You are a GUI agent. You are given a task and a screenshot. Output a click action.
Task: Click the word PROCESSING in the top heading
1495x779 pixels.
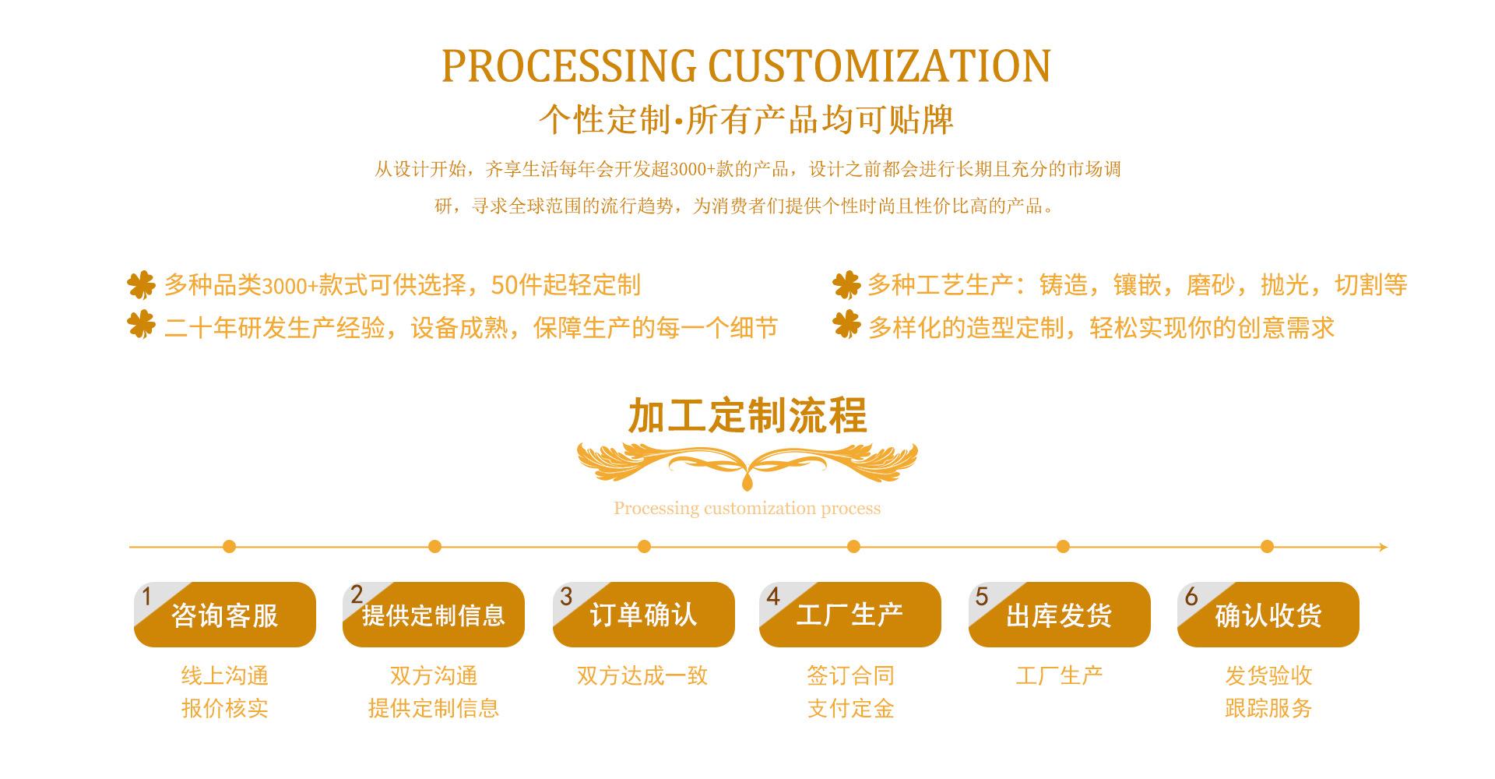tap(568, 66)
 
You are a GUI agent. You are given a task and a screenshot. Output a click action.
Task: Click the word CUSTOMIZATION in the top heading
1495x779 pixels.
tap(880, 66)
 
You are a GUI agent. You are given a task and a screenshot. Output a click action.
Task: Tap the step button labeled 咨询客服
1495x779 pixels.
tap(225, 615)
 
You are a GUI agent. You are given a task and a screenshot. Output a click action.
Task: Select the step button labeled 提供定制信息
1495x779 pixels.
tap(434, 615)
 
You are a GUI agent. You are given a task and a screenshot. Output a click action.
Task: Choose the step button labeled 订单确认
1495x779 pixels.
tap(644, 615)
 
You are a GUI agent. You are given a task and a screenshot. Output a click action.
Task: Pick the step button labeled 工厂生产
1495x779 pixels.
tap(850, 615)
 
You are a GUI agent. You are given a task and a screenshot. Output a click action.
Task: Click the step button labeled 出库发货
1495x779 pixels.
tap(1060, 615)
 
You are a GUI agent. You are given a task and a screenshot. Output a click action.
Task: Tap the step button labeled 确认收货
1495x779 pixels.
tap(1268, 615)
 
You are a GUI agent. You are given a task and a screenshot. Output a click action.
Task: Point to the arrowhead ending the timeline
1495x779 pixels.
tap(1383, 548)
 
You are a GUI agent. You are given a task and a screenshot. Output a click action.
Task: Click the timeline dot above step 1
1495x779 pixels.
tap(229, 547)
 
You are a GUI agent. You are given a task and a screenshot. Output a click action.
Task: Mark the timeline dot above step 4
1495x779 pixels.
tap(853, 547)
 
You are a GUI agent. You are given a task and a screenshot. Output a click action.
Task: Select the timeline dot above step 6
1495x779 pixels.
tap(1267, 547)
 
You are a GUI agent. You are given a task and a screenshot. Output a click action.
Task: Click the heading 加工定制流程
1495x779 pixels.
tap(747, 415)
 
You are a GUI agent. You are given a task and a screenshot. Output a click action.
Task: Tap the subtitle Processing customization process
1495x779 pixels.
tap(747, 509)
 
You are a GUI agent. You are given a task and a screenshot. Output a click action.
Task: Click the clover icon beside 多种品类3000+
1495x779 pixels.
tap(142, 285)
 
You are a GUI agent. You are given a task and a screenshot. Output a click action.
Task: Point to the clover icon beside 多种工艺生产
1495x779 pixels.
tap(846, 285)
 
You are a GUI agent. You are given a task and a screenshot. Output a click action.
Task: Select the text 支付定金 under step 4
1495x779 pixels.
tap(850, 709)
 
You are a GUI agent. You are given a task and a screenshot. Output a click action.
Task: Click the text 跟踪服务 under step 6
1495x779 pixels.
tap(1268, 709)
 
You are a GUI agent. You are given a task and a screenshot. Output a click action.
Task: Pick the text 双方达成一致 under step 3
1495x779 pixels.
tap(642, 676)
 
